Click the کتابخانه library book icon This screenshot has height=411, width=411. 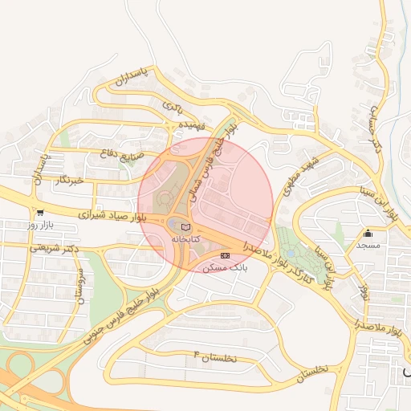pos(186,227)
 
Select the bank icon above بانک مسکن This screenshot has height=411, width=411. pos(224,254)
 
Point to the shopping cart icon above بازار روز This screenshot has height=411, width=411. pos(39,213)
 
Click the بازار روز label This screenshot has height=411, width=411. pos(39,226)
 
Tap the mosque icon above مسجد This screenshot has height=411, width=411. pos(368,234)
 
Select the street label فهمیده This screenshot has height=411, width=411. pos(193,126)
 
